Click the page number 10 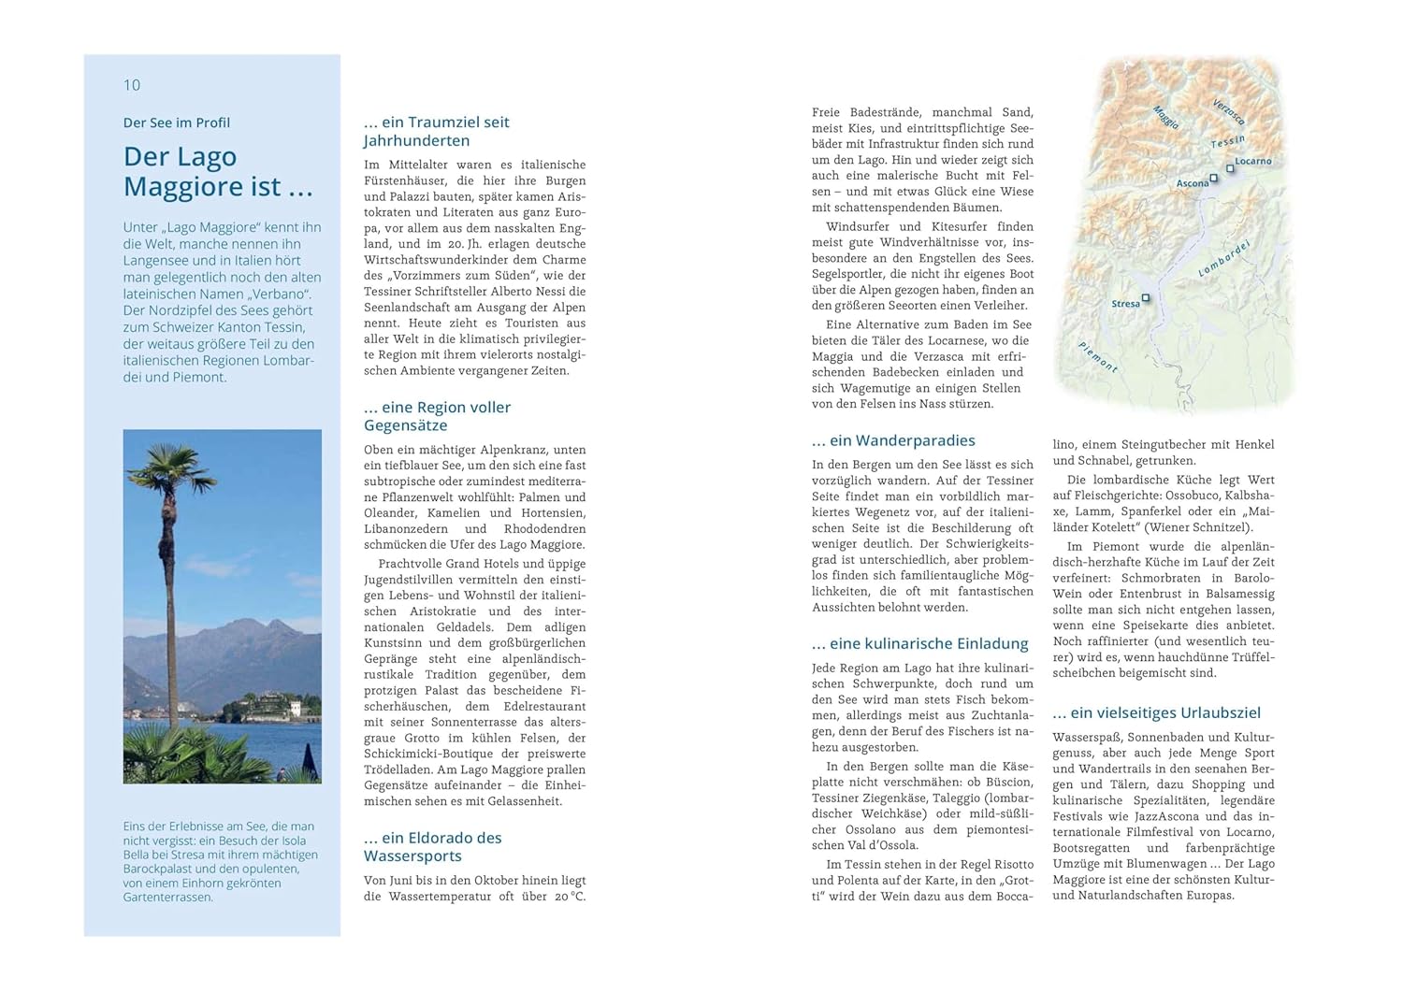[x=132, y=85]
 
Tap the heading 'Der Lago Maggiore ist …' [x=217, y=171]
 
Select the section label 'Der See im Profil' [x=177, y=122]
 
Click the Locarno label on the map [x=1253, y=161]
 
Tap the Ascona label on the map [x=1192, y=183]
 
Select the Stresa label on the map [x=1125, y=304]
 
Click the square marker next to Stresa [x=1146, y=298]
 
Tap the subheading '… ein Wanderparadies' [x=893, y=440]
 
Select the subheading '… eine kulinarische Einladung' [x=919, y=643]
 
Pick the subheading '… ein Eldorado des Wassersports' [x=433, y=846]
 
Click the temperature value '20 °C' [x=569, y=897]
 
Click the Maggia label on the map [x=1165, y=117]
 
